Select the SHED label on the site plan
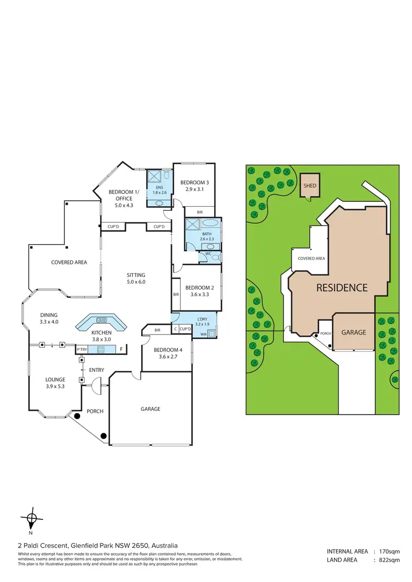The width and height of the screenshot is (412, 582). pyautogui.click(x=310, y=186)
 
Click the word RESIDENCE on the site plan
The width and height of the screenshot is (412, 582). pyautogui.click(x=341, y=287)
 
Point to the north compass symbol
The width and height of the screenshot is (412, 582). pyautogui.click(x=31, y=518)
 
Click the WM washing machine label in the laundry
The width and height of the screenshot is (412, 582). pyautogui.click(x=203, y=334)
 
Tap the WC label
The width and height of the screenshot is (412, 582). pyautogui.click(x=209, y=255)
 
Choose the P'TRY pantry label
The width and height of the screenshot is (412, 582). pyautogui.click(x=82, y=349)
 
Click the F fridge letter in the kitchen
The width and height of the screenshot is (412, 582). pyautogui.click(x=120, y=349)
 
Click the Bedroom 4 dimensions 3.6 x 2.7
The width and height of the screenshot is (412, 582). pyautogui.click(x=166, y=357)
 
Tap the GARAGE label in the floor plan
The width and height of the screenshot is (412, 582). pyautogui.click(x=150, y=409)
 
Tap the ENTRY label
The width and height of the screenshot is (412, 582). pyautogui.click(x=96, y=370)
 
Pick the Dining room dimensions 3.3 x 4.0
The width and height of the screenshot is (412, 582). pyautogui.click(x=49, y=322)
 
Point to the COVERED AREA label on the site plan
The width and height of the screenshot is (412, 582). pyautogui.click(x=311, y=258)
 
